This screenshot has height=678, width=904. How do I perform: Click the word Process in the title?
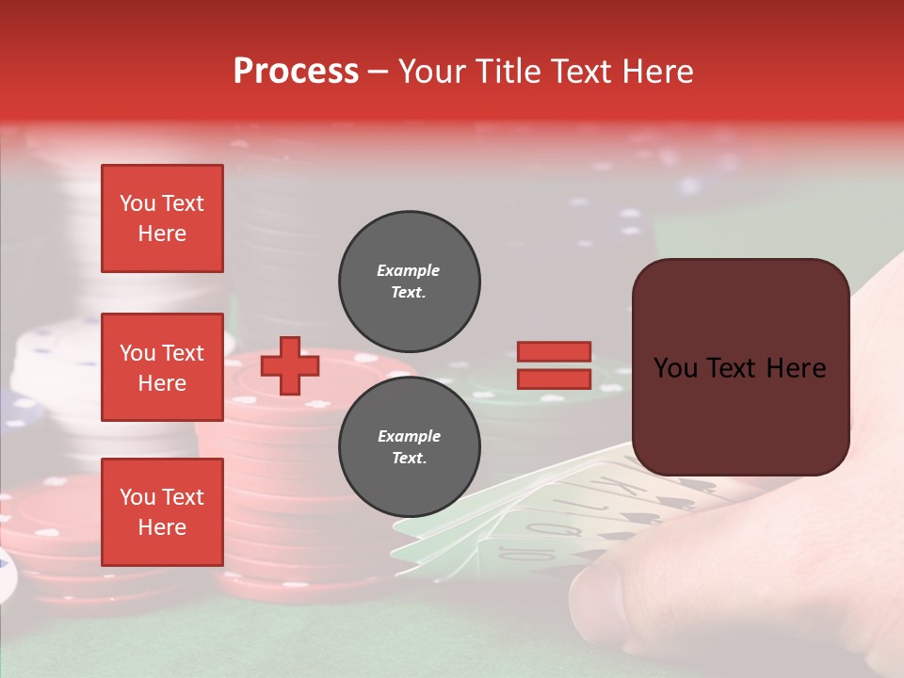(296, 72)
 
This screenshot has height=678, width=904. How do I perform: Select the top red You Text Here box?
(162, 218)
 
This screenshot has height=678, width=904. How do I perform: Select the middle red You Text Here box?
(162, 367)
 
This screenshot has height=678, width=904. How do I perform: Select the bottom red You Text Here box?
(162, 511)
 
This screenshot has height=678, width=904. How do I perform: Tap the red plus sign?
(290, 365)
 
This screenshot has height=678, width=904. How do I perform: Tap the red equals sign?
(554, 365)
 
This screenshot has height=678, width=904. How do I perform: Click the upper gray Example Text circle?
(409, 281)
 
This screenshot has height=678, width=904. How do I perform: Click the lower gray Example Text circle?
(409, 446)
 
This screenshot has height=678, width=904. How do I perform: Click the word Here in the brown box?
(796, 367)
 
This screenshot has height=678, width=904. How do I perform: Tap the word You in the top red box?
(137, 203)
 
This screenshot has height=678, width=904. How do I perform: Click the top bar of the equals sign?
(554, 352)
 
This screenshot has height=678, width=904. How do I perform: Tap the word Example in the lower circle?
(409, 436)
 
